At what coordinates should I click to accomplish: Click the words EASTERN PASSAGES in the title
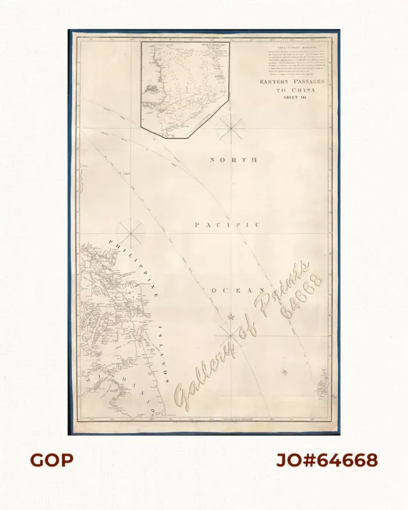tap(293, 82)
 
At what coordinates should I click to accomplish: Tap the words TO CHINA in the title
tap(293, 90)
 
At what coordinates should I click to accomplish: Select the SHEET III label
tap(293, 98)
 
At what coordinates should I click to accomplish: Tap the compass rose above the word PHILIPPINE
tap(132, 233)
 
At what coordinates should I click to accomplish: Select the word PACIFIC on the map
tap(227, 224)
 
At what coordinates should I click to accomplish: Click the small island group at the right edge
tap(323, 389)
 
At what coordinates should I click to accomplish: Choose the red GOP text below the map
tap(52, 460)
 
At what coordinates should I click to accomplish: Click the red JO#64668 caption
tap(326, 460)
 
